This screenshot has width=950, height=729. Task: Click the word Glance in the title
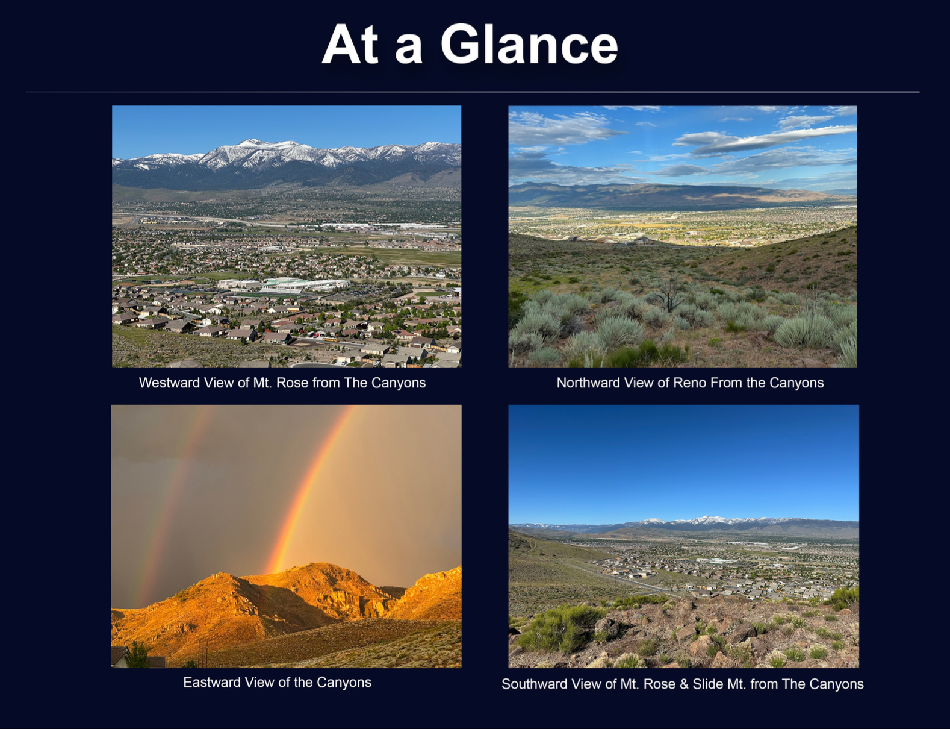pyautogui.click(x=529, y=44)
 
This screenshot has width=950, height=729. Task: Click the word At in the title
pyautogui.click(x=350, y=44)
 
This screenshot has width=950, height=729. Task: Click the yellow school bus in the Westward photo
pyautogui.click(x=331, y=339)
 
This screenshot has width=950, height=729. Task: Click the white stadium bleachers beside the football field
pyautogui.click(x=281, y=290)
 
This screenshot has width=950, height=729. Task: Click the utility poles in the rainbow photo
pyautogui.click(x=203, y=653)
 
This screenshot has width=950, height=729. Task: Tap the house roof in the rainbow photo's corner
pyautogui.click(x=122, y=657)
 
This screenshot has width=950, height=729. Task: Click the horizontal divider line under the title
pyautogui.click(x=473, y=92)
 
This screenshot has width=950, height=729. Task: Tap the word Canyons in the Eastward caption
pyautogui.click(x=344, y=682)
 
